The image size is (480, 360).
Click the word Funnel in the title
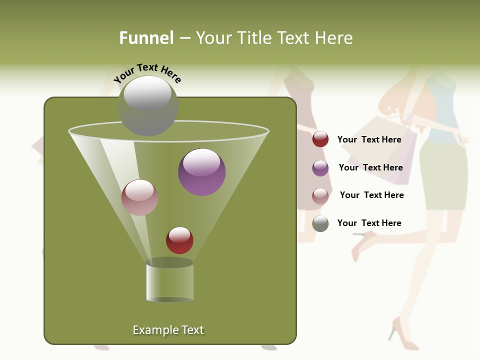tap(146, 38)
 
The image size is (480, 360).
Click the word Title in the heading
tap(254, 38)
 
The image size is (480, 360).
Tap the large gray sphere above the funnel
tap(148, 105)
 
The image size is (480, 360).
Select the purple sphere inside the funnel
tap(202, 171)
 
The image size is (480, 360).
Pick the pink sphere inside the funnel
tap(140, 197)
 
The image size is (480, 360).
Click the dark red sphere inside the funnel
tap(179, 240)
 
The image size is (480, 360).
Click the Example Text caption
tap(168, 330)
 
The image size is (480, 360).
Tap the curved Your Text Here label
tap(147, 73)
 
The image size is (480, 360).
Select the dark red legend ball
tap(320, 139)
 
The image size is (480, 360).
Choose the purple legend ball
tap(320, 168)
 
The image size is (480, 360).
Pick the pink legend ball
tap(320, 196)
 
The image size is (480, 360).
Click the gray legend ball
tap(320, 223)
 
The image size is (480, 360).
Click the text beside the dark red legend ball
tap(369, 139)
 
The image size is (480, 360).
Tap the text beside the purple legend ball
tap(370, 167)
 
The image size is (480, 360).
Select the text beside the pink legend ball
tap(371, 195)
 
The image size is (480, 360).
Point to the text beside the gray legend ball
tap(369, 223)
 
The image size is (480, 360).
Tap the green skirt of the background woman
tap(443, 175)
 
